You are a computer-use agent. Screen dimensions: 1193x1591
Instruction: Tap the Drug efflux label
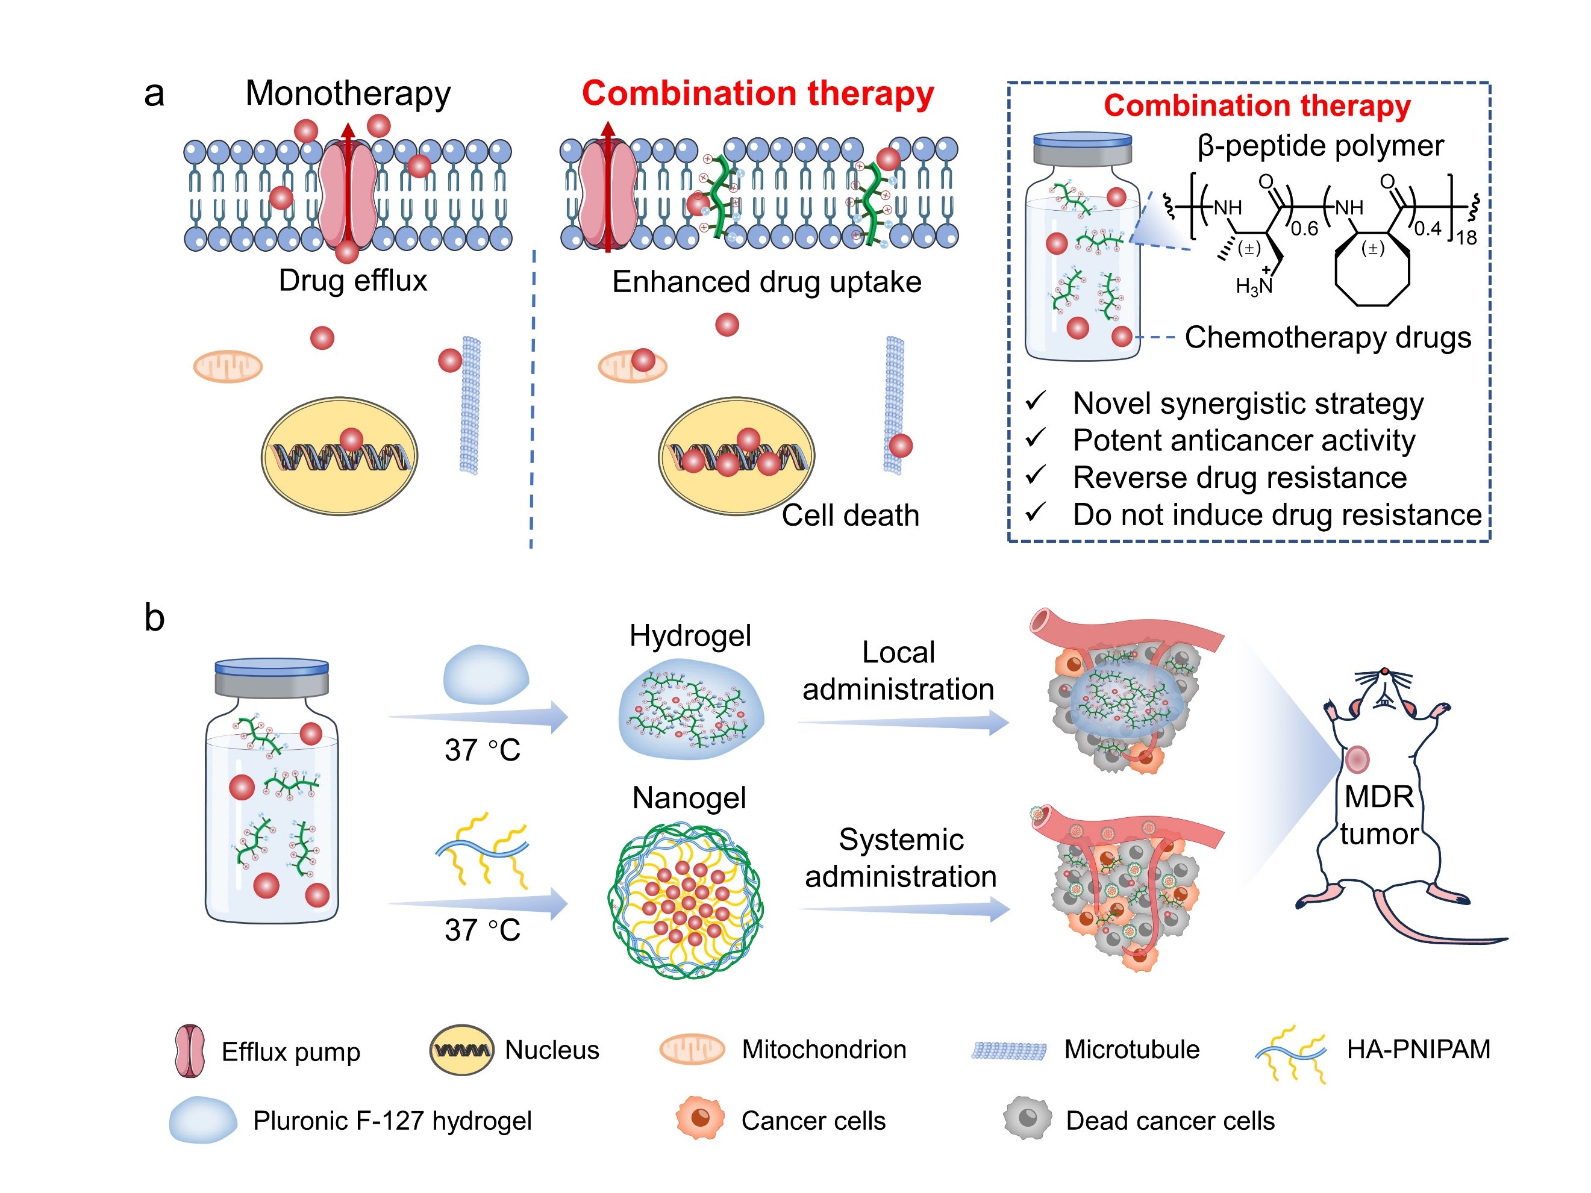coord(352,281)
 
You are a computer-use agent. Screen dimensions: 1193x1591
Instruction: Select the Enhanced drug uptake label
coord(766,282)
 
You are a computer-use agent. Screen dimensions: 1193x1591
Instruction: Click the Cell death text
coord(850,516)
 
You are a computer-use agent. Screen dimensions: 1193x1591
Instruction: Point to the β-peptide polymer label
coord(1320,146)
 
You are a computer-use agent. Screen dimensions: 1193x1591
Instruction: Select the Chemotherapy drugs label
coord(1327,337)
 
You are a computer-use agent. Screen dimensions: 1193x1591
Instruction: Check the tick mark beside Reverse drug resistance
coord(1036,475)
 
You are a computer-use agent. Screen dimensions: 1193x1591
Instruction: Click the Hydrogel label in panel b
coord(690,636)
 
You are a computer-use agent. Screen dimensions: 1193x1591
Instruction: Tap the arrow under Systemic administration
coord(905,909)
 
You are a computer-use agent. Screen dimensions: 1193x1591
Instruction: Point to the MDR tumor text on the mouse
coord(1379,815)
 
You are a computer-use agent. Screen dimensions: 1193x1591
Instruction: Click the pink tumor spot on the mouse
coord(1357,759)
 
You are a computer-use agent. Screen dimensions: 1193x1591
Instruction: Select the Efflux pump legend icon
coord(190,1051)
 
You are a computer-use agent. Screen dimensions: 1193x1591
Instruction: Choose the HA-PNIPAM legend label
coord(1418,1049)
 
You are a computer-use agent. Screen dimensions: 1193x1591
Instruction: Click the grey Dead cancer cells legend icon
coord(1027,1118)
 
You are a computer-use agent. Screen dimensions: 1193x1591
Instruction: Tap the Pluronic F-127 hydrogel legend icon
coord(203,1120)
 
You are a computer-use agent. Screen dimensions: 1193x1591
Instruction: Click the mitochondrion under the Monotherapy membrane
coord(228,367)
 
